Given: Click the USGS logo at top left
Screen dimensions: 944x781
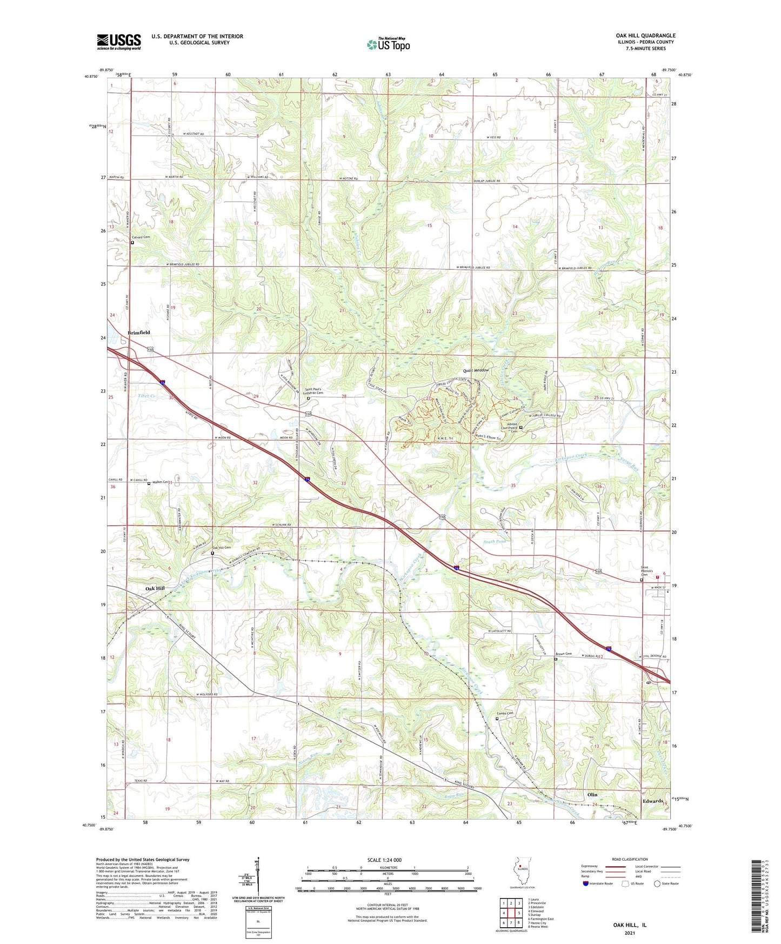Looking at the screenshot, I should pyautogui.click(x=119, y=41).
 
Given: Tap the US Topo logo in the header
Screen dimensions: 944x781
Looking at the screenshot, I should pyautogui.click(x=388, y=44).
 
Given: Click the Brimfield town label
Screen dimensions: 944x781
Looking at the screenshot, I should pyautogui.click(x=139, y=333).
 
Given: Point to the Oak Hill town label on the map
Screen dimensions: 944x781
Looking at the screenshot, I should pyautogui.click(x=155, y=588).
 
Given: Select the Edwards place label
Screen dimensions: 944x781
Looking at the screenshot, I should pyautogui.click(x=653, y=801).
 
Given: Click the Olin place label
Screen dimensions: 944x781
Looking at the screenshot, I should pyautogui.click(x=592, y=795).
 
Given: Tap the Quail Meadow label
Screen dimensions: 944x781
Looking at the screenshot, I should pyautogui.click(x=476, y=370).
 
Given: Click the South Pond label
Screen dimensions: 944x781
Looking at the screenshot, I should pyautogui.click(x=495, y=541).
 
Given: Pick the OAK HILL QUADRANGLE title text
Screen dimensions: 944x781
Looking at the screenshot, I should pyautogui.click(x=645, y=36).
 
